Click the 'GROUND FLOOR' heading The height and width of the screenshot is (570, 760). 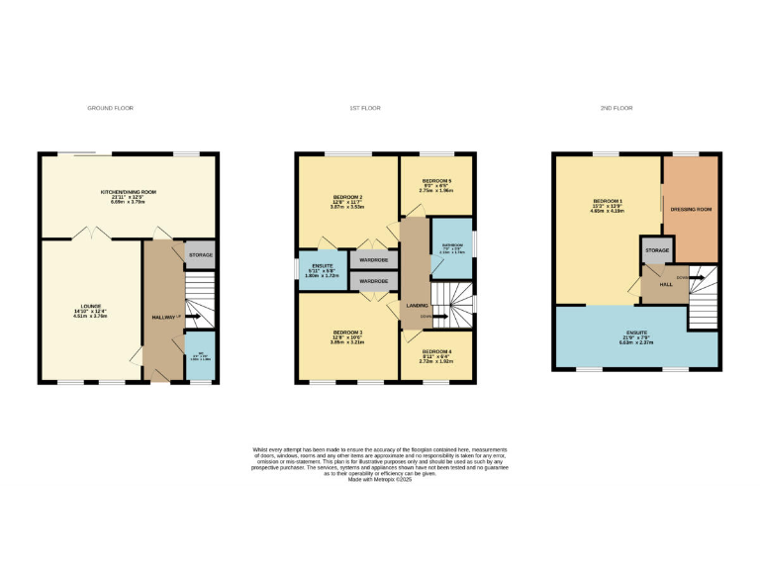[110, 108]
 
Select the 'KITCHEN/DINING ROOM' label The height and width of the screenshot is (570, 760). [130, 191]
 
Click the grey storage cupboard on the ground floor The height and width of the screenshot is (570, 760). [200, 254]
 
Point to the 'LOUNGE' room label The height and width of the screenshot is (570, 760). [90, 306]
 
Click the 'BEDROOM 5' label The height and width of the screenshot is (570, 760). [436, 181]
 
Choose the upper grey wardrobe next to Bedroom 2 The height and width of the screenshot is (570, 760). [373, 259]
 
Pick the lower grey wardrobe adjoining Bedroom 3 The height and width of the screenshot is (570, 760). [373, 281]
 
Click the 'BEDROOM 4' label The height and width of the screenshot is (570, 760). [435, 351]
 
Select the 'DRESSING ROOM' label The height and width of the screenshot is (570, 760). [691, 210]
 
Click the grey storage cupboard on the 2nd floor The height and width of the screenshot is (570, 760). [657, 251]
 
